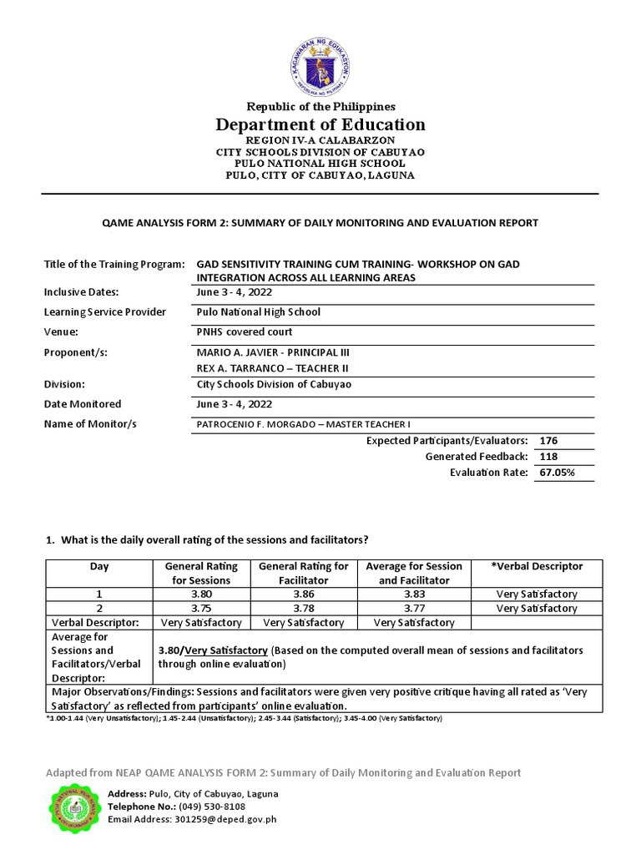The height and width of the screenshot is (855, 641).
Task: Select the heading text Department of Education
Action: point(320,124)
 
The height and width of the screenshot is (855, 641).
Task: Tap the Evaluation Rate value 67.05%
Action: point(557,473)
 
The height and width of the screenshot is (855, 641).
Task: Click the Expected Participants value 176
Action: point(549,440)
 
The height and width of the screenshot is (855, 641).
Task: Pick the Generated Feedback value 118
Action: point(549,457)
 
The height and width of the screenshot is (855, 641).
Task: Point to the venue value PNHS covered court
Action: point(244,331)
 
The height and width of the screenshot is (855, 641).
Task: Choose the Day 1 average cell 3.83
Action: point(415,594)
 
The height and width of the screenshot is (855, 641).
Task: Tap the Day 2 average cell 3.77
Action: point(415,608)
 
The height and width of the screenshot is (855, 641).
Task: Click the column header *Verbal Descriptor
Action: point(538,566)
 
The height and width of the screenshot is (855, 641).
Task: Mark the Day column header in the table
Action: point(99,566)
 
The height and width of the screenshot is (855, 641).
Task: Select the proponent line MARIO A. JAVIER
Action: point(272,352)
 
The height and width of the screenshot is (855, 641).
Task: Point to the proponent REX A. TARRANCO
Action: point(272,368)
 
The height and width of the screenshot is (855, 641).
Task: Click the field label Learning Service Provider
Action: point(105,311)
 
